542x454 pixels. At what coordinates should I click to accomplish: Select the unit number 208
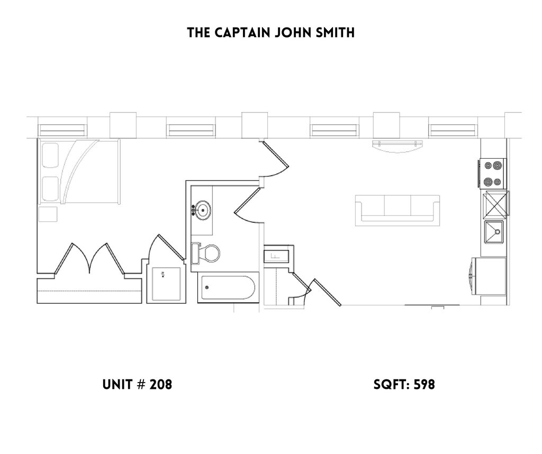point(160,385)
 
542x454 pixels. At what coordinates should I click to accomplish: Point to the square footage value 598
point(424,385)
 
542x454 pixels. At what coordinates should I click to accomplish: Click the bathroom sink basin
point(202,210)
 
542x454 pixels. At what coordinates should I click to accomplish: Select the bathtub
point(228,288)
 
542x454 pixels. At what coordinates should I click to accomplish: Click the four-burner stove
point(493,173)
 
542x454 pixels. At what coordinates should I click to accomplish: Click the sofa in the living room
point(398,208)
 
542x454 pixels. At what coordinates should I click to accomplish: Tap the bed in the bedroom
point(79,171)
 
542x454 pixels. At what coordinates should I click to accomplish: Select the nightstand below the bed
point(48,214)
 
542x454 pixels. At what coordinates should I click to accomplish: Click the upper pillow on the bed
point(50,157)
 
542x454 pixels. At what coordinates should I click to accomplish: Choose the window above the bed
point(62,129)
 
